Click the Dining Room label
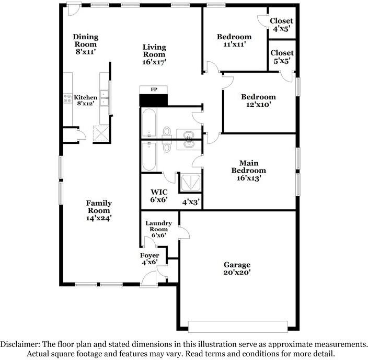[86, 44]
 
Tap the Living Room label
[154, 54]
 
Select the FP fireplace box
[153, 89]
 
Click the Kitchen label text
[85, 101]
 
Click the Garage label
[237, 268]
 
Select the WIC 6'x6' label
[159, 196]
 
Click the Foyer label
[149, 259]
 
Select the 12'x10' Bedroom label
[258, 100]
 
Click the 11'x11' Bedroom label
[234, 41]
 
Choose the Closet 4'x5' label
[282, 25]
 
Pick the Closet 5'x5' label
[282, 57]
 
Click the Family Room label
[99, 210]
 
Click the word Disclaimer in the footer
[19, 344]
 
